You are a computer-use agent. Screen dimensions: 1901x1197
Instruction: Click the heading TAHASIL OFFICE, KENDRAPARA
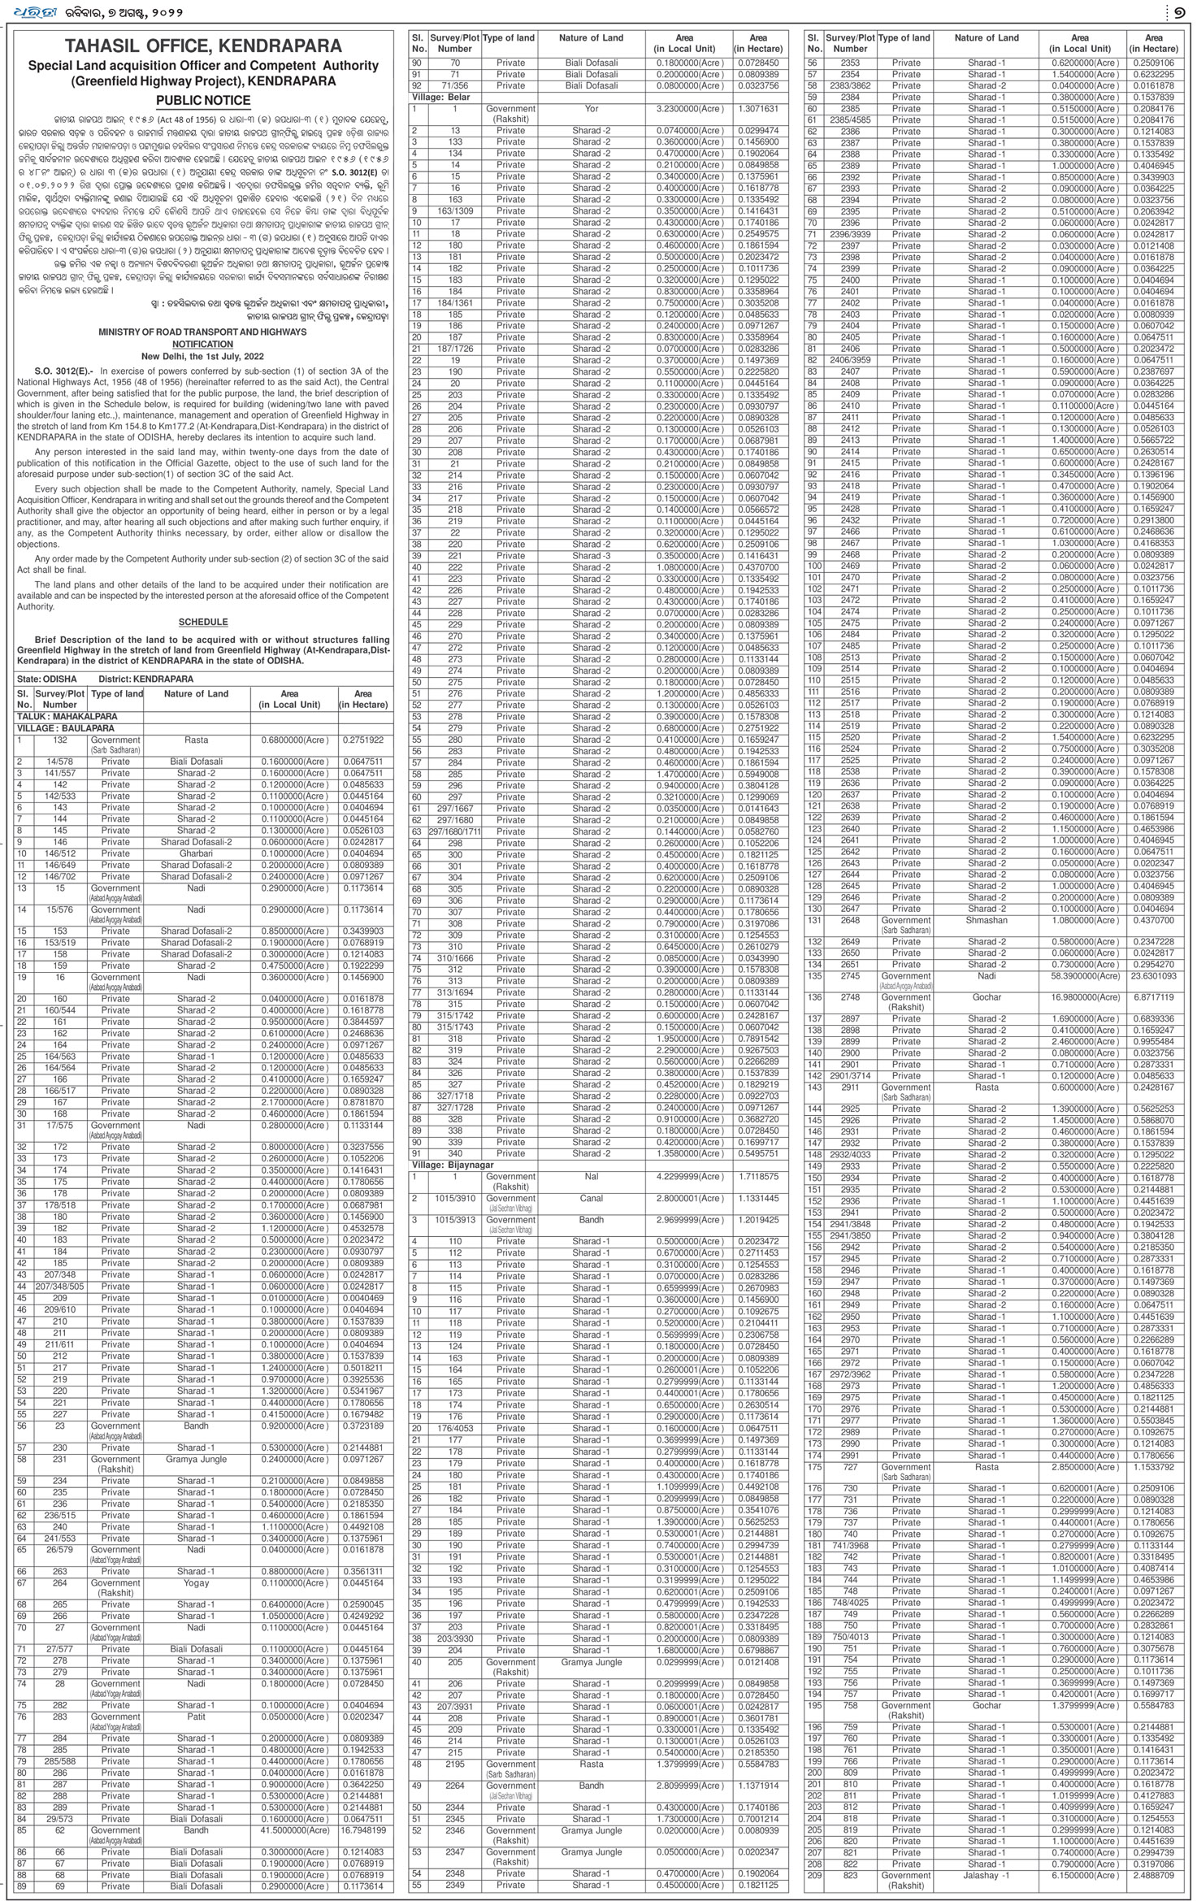(x=203, y=46)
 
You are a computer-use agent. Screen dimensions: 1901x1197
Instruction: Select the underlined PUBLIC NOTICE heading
(x=203, y=101)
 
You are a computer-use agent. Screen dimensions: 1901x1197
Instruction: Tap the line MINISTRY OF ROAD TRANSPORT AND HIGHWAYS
(x=202, y=332)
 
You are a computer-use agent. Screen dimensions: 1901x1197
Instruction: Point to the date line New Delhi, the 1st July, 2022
(x=202, y=356)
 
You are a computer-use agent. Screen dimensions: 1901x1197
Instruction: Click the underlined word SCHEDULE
(x=203, y=622)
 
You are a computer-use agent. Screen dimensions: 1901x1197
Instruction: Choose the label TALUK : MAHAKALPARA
(x=67, y=717)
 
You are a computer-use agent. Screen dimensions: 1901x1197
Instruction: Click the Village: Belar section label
(x=439, y=97)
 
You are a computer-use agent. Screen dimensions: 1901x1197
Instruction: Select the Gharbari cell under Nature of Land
(x=196, y=853)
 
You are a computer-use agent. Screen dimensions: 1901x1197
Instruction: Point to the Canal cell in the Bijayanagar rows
(x=591, y=1198)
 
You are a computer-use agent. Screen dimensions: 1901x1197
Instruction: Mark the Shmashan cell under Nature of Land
(x=986, y=920)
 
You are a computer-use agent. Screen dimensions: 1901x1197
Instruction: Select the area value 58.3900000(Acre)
(x=1080, y=975)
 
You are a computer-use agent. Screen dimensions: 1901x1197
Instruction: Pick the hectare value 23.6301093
(x=1153, y=975)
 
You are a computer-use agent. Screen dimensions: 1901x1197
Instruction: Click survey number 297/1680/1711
(x=455, y=831)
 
